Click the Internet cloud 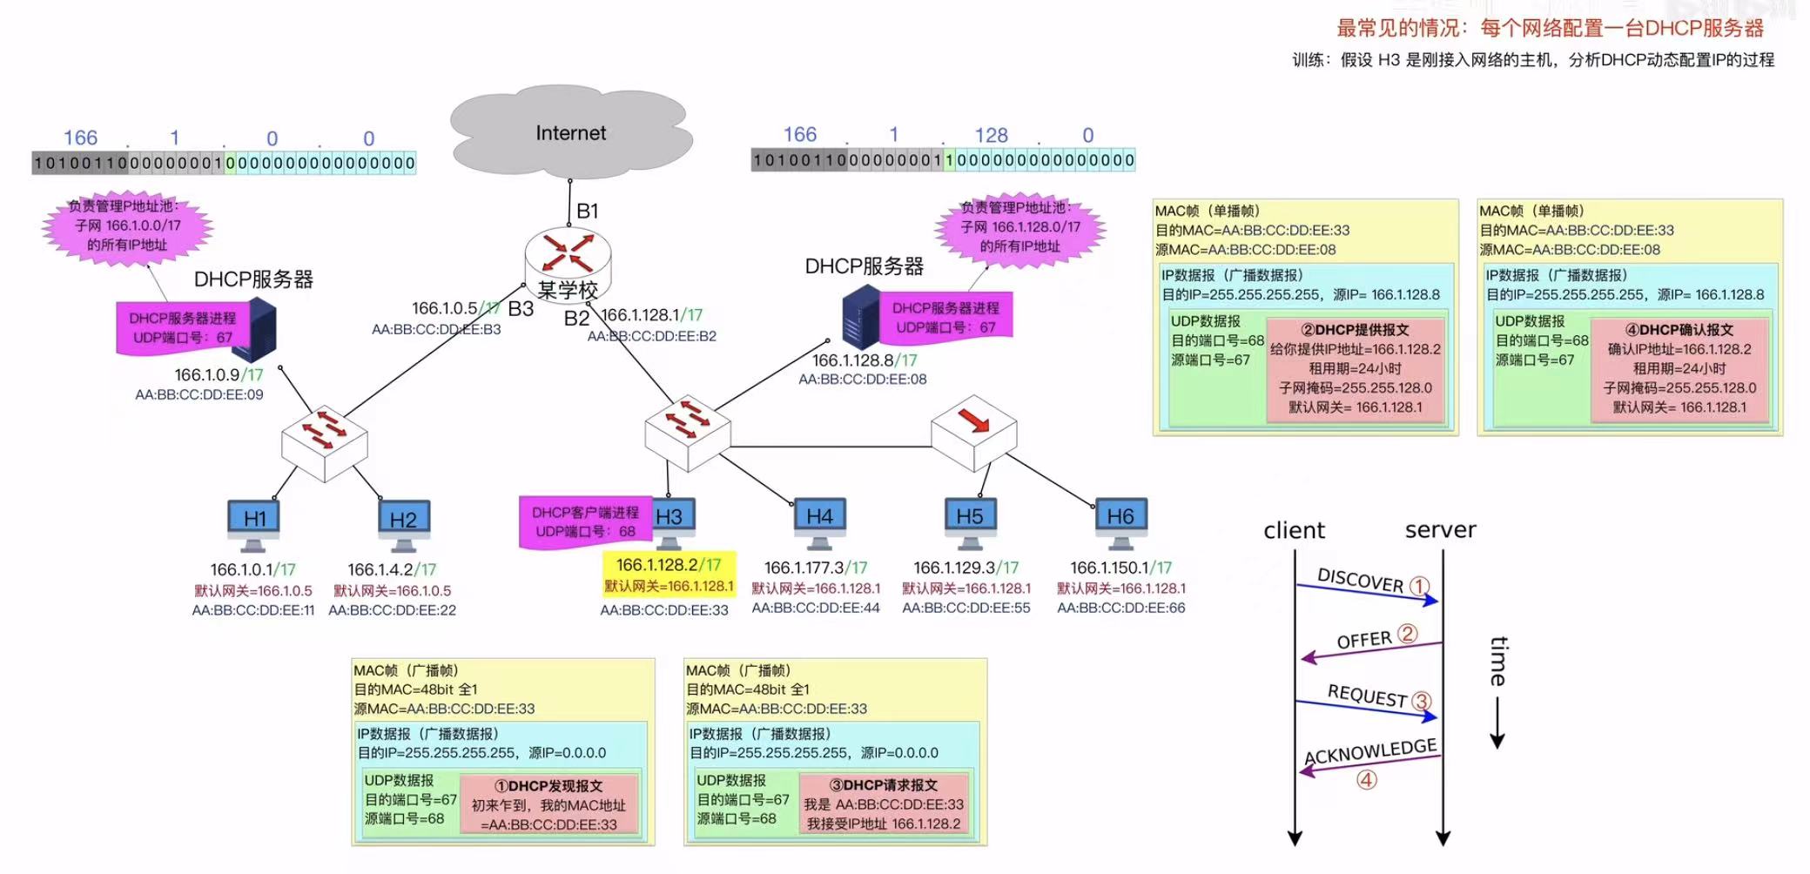[x=570, y=133]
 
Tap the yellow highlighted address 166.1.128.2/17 [x=669, y=564]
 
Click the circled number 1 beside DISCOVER [x=1419, y=587]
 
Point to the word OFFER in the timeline [x=1364, y=641]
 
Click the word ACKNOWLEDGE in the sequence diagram [x=1370, y=751]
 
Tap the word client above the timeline [x=1294, y=530]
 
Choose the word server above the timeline [x=1440, y=529]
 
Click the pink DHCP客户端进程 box [x=584, y=521]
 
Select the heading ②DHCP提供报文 [x=1355, y=330]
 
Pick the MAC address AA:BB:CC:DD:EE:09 [x=198, y=394]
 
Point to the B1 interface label [x=588, y=211]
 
